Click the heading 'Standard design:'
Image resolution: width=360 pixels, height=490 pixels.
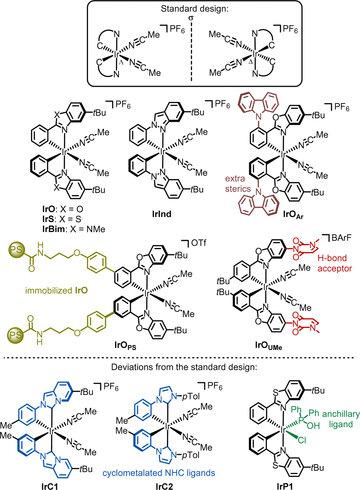click(x=195, y=9)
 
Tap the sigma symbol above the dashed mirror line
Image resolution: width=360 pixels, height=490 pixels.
click(x=191, y=18)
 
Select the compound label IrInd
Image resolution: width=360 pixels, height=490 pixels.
click(x=162, y=214)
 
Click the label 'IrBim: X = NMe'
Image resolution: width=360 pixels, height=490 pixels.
click(x=74, y=229)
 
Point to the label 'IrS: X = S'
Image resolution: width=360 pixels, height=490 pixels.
click(x=62, y=219)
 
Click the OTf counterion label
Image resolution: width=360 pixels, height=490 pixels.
click(x=199, y=243)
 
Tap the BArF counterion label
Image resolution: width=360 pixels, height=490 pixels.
click(x=342, y=238)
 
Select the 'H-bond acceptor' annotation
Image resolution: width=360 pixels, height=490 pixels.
click(x=335, y=263)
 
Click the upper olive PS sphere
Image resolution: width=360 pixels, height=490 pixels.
click(x=16, y=249)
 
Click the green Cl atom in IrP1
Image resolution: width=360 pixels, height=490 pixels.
click(x=302, y=440)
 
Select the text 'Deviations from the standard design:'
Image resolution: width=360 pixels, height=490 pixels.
click(x=184, y=367)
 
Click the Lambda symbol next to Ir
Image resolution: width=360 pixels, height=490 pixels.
click(x=121, y=62)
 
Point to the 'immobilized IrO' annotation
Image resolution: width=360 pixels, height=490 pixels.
click(x=57, y=290)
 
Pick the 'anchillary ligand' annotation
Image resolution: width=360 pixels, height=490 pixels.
click(x=341, y=419)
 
